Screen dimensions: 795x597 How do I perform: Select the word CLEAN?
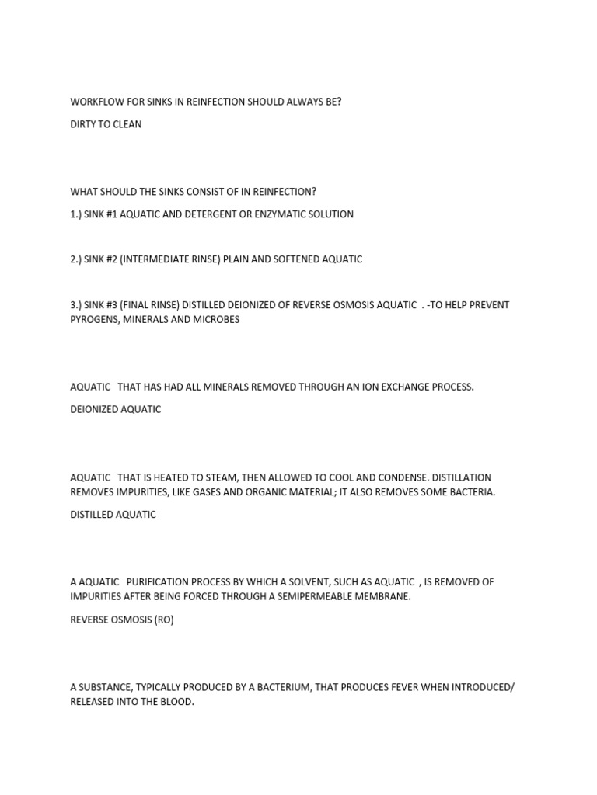127,124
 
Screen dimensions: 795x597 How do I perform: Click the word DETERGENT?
215,214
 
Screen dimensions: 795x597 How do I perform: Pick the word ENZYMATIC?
283,214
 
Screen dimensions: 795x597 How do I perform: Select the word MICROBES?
216,320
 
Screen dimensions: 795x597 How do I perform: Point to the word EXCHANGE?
394,387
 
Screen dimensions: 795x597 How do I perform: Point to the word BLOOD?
175,702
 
